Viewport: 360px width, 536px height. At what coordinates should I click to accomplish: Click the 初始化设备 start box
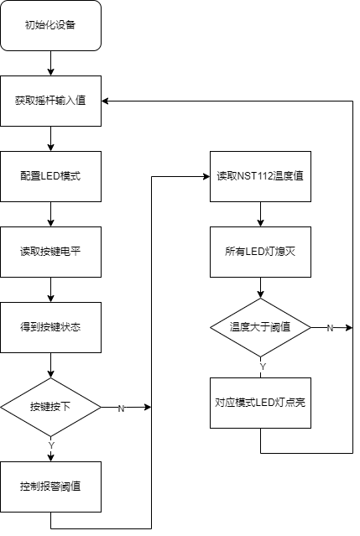coord(50,26)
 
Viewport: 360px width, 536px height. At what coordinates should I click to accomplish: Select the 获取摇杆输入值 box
coord(50,101)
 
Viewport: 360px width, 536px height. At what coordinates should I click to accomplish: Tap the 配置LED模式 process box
coord(50,176)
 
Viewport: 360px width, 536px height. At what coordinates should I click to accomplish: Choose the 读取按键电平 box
coord(50,252)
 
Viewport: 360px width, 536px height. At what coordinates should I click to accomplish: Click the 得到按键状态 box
coord(50,327)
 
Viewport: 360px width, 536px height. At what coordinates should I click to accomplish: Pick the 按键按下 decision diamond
coord(50,407)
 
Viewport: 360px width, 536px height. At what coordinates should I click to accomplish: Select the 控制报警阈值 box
coord(50,487)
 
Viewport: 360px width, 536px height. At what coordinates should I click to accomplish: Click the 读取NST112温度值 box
coord(260,176)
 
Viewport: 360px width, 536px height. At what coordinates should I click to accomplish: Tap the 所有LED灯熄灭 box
coord(260,252)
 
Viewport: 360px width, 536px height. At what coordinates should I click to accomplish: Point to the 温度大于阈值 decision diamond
coord(260,327)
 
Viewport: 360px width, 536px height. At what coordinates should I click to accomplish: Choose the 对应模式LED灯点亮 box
coord(260,403)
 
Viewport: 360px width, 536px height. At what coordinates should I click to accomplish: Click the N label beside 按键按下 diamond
coord(121,409)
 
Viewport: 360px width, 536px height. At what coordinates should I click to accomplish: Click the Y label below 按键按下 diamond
coord(51,445)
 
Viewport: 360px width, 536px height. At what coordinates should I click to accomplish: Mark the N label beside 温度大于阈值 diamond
coord(330,328)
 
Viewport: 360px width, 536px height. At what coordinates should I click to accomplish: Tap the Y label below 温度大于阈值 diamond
coord(263,367)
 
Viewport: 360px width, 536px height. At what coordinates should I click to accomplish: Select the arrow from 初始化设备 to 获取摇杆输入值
coord(50,63)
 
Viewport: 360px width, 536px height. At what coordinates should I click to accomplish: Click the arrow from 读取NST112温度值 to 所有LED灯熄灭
coord(260,215)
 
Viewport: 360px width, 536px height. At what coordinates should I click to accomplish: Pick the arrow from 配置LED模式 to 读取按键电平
coord(50,215)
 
